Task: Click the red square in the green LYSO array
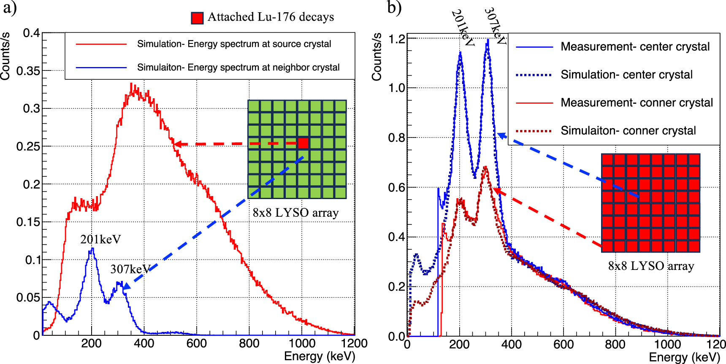pos(303,143)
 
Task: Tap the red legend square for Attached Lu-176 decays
pos(197,18)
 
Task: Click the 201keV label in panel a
pos(100,240)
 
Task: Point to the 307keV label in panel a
pos(130,269)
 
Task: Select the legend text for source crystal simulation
pos(234,44)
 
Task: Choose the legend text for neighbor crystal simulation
pos(238,67)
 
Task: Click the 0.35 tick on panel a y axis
pos(28,71)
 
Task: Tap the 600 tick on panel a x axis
pos(196,343)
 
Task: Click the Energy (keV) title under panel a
pos(320,356)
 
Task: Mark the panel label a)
pos(9,8)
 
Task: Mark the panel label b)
pos(394,8)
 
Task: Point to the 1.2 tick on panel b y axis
pos(396,39)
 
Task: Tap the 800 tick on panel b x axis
pos(615,344)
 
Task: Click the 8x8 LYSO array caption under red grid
pos(650,266)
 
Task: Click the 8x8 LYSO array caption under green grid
pos(295,213)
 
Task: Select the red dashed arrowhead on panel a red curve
pos(178,144)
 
